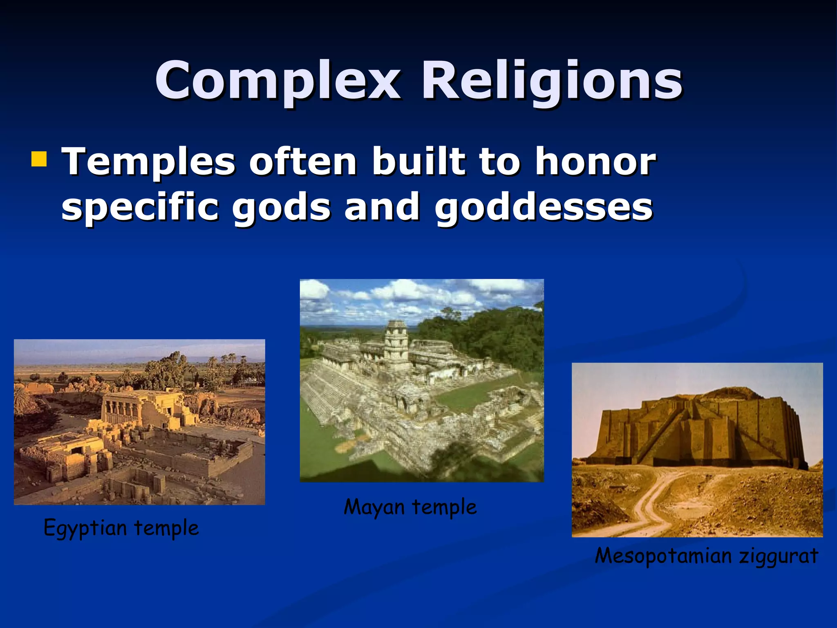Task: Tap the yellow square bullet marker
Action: click(x=39, y=159)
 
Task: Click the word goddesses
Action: click(x=544, y=207)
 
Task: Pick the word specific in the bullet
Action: click(x=140, y=207)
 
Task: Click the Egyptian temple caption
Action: click(x=121, y=527)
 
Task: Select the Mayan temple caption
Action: click(x=410, y=507)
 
